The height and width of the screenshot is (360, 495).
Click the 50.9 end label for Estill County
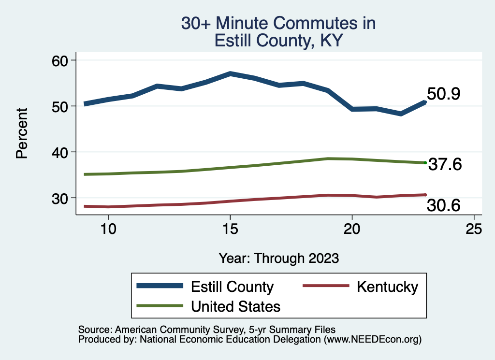tap(443, 94)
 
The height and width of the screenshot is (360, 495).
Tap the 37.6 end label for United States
tap(445, 165)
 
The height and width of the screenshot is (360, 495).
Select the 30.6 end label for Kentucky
tap(443, 206)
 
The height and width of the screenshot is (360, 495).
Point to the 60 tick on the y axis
tap(60, 60)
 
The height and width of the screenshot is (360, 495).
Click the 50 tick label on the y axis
tap(60, 106)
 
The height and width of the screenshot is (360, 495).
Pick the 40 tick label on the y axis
tap(60, 152)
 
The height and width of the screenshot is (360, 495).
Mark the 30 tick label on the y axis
tap(60, 198)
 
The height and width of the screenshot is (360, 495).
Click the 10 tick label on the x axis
tap(108, 229)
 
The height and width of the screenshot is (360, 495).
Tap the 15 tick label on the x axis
tap(230, 229)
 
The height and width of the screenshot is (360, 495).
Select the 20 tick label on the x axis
tap(352, 229)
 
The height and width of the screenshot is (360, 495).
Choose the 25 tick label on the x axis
tap(474, 229)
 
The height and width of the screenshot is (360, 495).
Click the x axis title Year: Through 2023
tap(278, 258)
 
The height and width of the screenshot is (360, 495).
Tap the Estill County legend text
tap(233, 287)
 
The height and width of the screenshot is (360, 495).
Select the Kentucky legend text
tap(387, 287)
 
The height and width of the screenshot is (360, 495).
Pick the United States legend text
tap(235, 306)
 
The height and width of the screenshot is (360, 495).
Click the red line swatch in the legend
tap(325, 286)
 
